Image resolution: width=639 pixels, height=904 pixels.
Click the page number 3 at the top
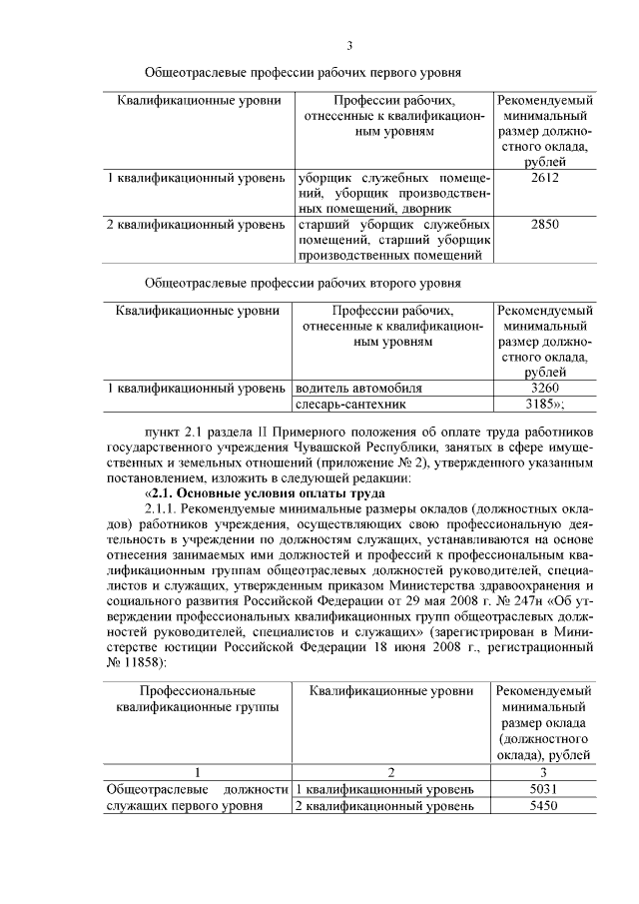pyautogui.click(x=349, y=45)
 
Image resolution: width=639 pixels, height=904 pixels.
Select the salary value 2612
pyautogui.click(x=545, y=178)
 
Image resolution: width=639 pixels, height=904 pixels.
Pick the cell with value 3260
pyautogui.click(x=545, y=389)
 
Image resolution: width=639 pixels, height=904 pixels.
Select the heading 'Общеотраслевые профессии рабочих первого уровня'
pyautogui.click(x=303, y=73)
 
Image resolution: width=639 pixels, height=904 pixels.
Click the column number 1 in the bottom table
pyautogui.click(x=198, y=772)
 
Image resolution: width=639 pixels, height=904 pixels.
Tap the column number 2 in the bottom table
pyautogui.click(x=391, y=772)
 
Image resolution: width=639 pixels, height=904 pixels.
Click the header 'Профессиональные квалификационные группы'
pyautogui.click(x=198, y=699)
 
